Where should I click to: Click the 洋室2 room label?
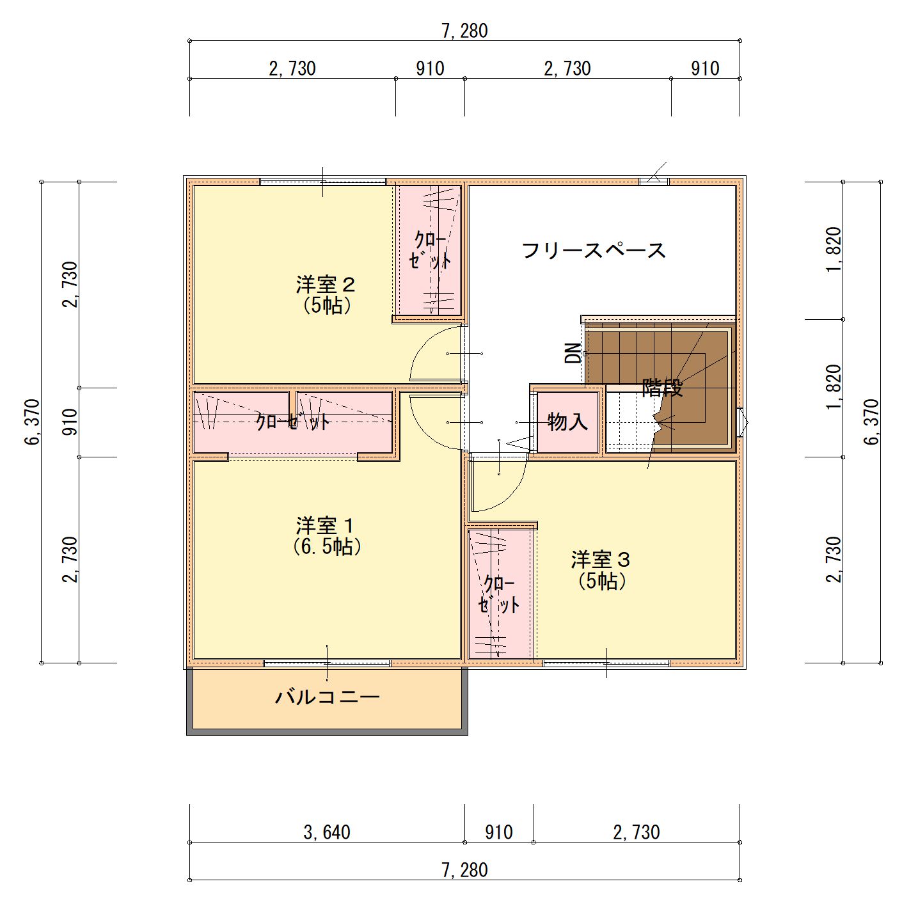pos(326,285)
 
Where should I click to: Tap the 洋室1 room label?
pos(326,526)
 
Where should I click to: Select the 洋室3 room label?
pos(601,560)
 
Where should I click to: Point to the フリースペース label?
pos(594,250)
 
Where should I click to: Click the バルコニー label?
pos(327,697)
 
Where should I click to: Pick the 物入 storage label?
pos(567,422)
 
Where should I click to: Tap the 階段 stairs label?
pos(662,388)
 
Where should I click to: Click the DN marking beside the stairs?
pos(573,353)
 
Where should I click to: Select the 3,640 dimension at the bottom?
pos(327,832)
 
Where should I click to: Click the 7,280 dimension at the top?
pos(464,31)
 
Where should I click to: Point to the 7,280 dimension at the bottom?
pos(464,870)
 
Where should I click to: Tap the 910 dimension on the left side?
pos(69,422)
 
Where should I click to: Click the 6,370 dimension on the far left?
pos(32,422)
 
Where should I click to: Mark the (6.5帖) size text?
pos(327,546)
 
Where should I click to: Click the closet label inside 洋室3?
pos(499,594)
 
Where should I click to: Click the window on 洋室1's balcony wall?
pos(327,663)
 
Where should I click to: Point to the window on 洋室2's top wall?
pos(323,182)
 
